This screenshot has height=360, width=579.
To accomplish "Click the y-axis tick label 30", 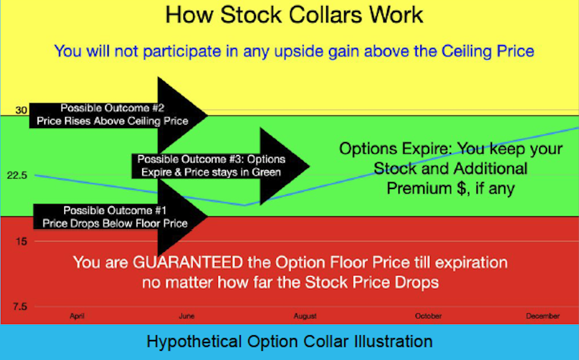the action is (x=21, y=110).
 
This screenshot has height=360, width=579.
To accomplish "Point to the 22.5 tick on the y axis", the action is (x=17, y=175).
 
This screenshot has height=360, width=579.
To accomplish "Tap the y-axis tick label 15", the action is (x=21, y=242).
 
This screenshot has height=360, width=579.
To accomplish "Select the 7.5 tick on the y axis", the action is (x=20, y=306).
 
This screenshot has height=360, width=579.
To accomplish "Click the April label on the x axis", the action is (x=77, y=316).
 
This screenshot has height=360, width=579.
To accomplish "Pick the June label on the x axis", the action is (x=187, y=316).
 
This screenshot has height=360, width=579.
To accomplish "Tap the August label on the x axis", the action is (x=305, y=316).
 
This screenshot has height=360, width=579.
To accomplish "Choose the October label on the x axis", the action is (x=428, y=316).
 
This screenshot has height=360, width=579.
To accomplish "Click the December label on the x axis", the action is (x=543, y=316).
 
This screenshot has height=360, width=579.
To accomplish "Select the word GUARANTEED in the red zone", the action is (x=188, y=262).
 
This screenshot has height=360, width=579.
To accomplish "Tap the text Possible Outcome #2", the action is (x=112, y=108).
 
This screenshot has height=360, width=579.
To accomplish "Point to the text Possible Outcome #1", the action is (x=115, y=210).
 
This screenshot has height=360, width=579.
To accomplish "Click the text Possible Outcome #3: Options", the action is (x=211, y=159).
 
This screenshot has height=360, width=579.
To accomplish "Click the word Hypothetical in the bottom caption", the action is (x=194, y=342).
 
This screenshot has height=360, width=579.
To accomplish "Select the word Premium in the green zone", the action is (x=420, y=188).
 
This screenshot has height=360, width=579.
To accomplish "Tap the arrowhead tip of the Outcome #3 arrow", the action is (x=309, y=166).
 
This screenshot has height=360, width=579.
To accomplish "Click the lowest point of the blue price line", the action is (x=245, y=205).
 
